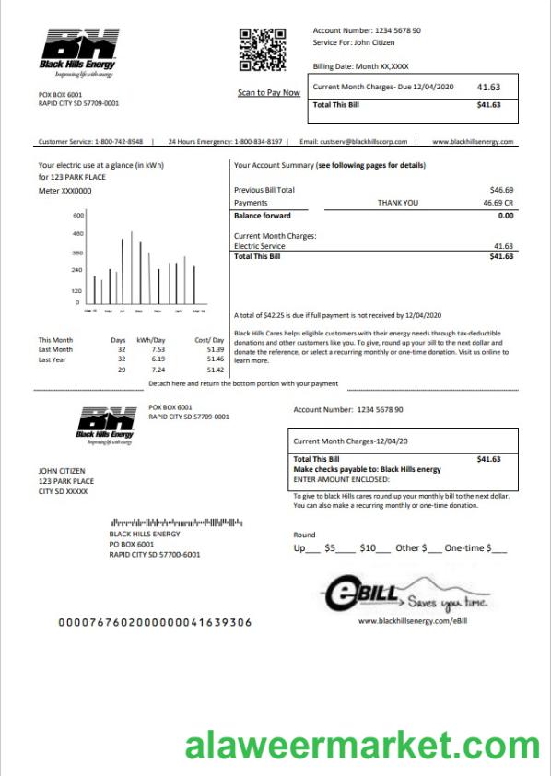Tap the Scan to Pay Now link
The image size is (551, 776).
[268, 92]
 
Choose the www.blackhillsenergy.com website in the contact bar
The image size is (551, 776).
[473, 142]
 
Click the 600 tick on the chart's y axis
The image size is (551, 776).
[77, 215]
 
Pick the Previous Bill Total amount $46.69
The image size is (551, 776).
[501, 189]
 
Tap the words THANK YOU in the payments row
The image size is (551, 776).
[397, 202]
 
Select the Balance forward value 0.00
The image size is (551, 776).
[505, 215]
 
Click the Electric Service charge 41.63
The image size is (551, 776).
[503, 246]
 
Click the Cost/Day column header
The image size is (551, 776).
[209, 340]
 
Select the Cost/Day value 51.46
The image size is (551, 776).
[216, 359]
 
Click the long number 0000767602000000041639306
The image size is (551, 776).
[155, 622]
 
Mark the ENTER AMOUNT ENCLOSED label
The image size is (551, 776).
[341, 479]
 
